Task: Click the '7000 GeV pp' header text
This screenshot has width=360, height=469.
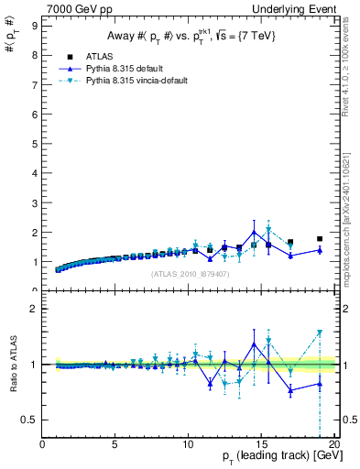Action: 75,8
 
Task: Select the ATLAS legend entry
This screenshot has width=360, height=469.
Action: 98,56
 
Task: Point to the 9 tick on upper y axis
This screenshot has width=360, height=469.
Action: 35,26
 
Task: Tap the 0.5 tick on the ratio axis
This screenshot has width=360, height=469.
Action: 30,420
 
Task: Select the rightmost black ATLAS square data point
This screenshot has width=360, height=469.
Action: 320,238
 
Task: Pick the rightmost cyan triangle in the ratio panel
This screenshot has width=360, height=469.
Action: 320,333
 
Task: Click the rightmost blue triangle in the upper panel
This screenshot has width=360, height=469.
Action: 320,250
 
